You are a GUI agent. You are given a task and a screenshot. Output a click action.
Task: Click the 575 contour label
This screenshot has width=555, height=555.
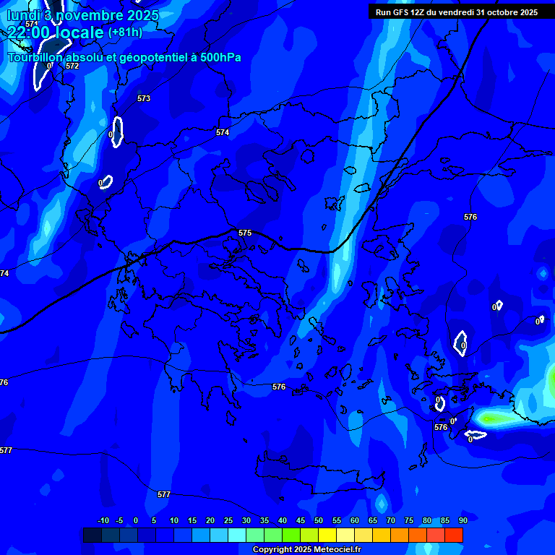pyautogui.click(x=245, y=233)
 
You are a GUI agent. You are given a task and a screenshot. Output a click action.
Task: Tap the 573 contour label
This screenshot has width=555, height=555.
pyautogui.click(x=144, y=98)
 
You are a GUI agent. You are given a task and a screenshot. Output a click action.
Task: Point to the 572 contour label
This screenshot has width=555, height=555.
pyautogui.click(x=72, y=66)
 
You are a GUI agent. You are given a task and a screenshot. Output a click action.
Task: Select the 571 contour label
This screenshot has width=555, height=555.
pyautogui.click(x=31, y=24)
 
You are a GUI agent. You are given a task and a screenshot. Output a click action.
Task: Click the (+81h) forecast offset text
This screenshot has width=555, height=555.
pyautogui.click(x=125, y=32)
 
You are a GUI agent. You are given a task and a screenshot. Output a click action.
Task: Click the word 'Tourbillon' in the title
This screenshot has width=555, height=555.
pyautogui.click(x=36, y=57)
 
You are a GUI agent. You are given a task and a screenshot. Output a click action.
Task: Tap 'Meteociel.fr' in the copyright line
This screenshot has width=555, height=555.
pyautogui.click(x=337, y=549)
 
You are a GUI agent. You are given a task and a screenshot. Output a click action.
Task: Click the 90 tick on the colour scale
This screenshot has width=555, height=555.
pyautogui.click(x=462, y=520)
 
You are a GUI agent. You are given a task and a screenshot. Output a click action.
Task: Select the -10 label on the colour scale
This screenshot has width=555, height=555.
pyautogui.click(x=103, y=520)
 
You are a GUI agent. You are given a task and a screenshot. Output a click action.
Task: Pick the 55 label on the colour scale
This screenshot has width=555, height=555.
pyautogui.click(x=337, y=520)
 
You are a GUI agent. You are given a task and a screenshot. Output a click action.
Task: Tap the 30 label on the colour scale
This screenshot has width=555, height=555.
pyautogui.click(x=246, y=520)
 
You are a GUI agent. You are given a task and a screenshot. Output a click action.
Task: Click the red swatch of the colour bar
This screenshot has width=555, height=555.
pyautogui.click(x=454, y=535)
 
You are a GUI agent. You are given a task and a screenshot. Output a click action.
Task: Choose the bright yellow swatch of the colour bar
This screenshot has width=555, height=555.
pyautogui.click(x=327, y=535)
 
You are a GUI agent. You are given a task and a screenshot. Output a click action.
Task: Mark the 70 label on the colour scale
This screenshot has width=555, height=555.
pyautogui.click(x=391, y=520)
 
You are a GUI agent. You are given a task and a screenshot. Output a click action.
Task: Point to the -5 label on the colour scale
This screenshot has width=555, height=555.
pyautogui.click(x=119, y=520)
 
